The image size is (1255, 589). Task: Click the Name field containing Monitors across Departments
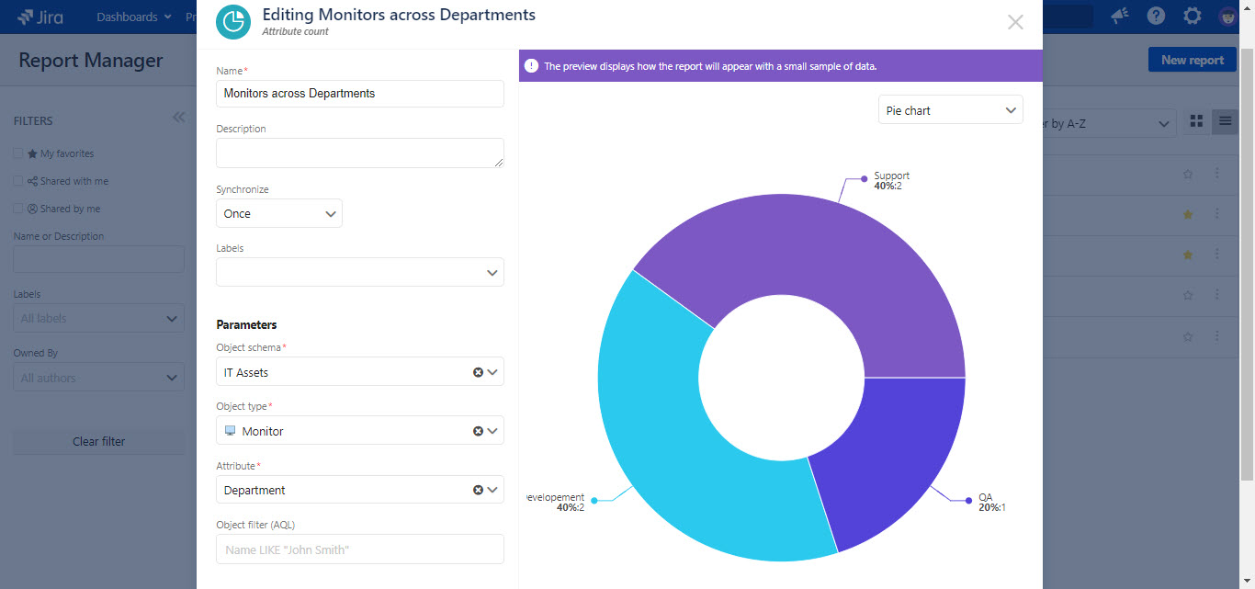[359, 94]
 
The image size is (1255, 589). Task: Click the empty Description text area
[359, 153]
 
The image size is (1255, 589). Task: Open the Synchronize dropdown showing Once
[278, 213]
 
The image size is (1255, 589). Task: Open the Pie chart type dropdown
[950, 110]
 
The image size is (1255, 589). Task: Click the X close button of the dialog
[1014, 22]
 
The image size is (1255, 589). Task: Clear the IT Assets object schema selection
[478, 372]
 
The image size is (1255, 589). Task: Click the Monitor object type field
[345, 431]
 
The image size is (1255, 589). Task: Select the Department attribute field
[345, 490]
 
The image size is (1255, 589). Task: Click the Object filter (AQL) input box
[359, 549]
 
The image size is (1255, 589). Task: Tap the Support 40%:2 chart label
[890, 181]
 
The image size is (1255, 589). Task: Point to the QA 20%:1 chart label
[991, 503]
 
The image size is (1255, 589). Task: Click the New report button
[1192, 60]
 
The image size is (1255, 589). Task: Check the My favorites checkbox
[18, 153]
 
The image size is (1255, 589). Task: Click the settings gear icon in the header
[1192, 17]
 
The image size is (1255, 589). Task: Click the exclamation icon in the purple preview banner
[531, 66]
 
